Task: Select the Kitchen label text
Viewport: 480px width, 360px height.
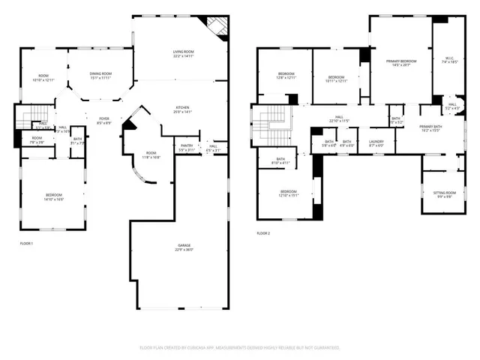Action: [184, 109]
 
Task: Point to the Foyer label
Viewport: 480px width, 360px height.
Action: [103, 120]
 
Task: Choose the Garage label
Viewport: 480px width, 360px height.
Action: [184, 247]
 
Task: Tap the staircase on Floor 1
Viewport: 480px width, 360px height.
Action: [28, 115]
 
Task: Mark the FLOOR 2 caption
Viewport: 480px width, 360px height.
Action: [262, 233]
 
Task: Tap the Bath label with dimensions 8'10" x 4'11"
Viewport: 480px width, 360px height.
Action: [280, 160]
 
